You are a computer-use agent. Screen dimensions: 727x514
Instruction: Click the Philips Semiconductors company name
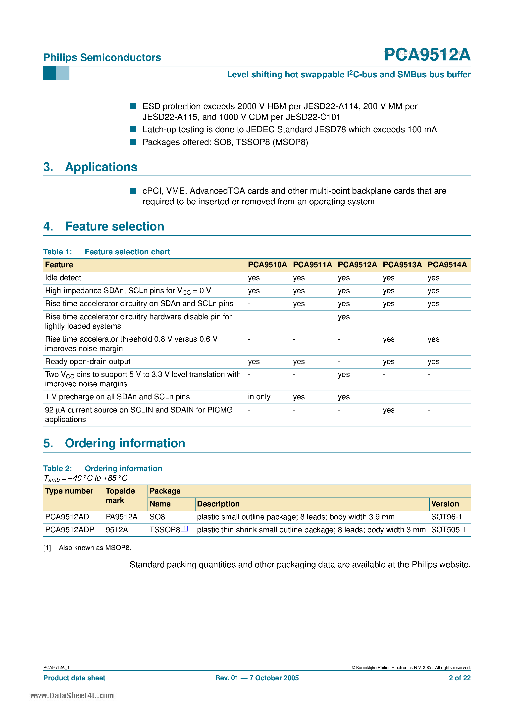coord(102,57)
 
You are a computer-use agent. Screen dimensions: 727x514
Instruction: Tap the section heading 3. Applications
coord(90,167)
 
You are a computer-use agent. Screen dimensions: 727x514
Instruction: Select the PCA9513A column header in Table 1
coord(402,265)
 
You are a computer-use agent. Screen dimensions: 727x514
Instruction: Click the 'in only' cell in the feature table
coord(259,397)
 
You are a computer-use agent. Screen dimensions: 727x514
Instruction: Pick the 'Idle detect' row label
coord(63,278)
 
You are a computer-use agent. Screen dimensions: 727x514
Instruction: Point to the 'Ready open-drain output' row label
coord(88,362)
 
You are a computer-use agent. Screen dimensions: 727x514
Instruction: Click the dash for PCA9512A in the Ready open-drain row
coord(339,362)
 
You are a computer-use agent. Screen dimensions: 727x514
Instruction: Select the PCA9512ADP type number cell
coord(69,530)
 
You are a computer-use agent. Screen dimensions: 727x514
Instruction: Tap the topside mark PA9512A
coord(121,517)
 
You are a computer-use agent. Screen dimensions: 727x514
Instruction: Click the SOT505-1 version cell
coord(448,530)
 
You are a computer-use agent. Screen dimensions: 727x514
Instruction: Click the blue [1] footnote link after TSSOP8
coord(185,529)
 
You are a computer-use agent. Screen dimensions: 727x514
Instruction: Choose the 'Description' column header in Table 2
coord(218,504)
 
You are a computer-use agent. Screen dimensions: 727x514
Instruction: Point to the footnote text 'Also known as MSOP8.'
coord(95,548)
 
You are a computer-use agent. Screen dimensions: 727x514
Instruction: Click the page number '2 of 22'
coord(460,678)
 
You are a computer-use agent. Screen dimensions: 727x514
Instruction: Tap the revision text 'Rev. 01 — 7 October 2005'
coord(257,678)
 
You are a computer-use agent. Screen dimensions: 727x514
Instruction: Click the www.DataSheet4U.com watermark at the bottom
coord(72,695)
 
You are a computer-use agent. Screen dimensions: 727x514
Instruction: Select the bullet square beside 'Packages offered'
coord(133,142)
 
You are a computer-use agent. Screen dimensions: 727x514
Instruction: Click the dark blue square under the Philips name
coord(50,73)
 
